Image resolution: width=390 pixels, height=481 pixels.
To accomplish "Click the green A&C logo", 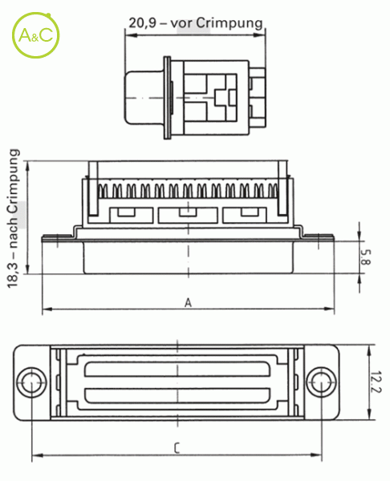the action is pyautogui.click(x=35, y=35).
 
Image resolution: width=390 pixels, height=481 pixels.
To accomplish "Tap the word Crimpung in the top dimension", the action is pyautogui.click(x=230, y=23).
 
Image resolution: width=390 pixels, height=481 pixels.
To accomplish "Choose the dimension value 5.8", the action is pyautogui.click(x=365, y=257).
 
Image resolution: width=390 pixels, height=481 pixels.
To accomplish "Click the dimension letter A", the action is pyautogui.click(x=188, y=303).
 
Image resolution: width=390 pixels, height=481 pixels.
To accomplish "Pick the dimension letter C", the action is pyautogui.click(x=177, y=448).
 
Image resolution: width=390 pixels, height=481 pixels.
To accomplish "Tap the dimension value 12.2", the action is pyautogui.click(x=376, y=382).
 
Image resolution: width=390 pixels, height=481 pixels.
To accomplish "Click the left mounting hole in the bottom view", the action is pyautogui.click(x=31, y=382).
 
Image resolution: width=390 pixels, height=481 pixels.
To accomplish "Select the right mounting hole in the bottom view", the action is pyautogui.click(x=322, y=382).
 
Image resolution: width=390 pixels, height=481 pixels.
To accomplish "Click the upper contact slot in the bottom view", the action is pyautogui.click(x=177, y=370).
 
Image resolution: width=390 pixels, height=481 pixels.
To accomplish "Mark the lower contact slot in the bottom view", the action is pyautogui.click(x=177, y=395).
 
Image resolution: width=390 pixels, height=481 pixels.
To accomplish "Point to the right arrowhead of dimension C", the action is pyautogui.click(x=317, y=455).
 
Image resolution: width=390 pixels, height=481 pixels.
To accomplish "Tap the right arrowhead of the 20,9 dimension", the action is pyautogui.click(x=260, y=35).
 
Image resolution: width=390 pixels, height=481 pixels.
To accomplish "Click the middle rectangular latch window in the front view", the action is pyautogui.click(x=188, y=215).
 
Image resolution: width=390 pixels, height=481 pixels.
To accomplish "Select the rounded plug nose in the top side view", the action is pyautogui.click(x=144, y=98).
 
